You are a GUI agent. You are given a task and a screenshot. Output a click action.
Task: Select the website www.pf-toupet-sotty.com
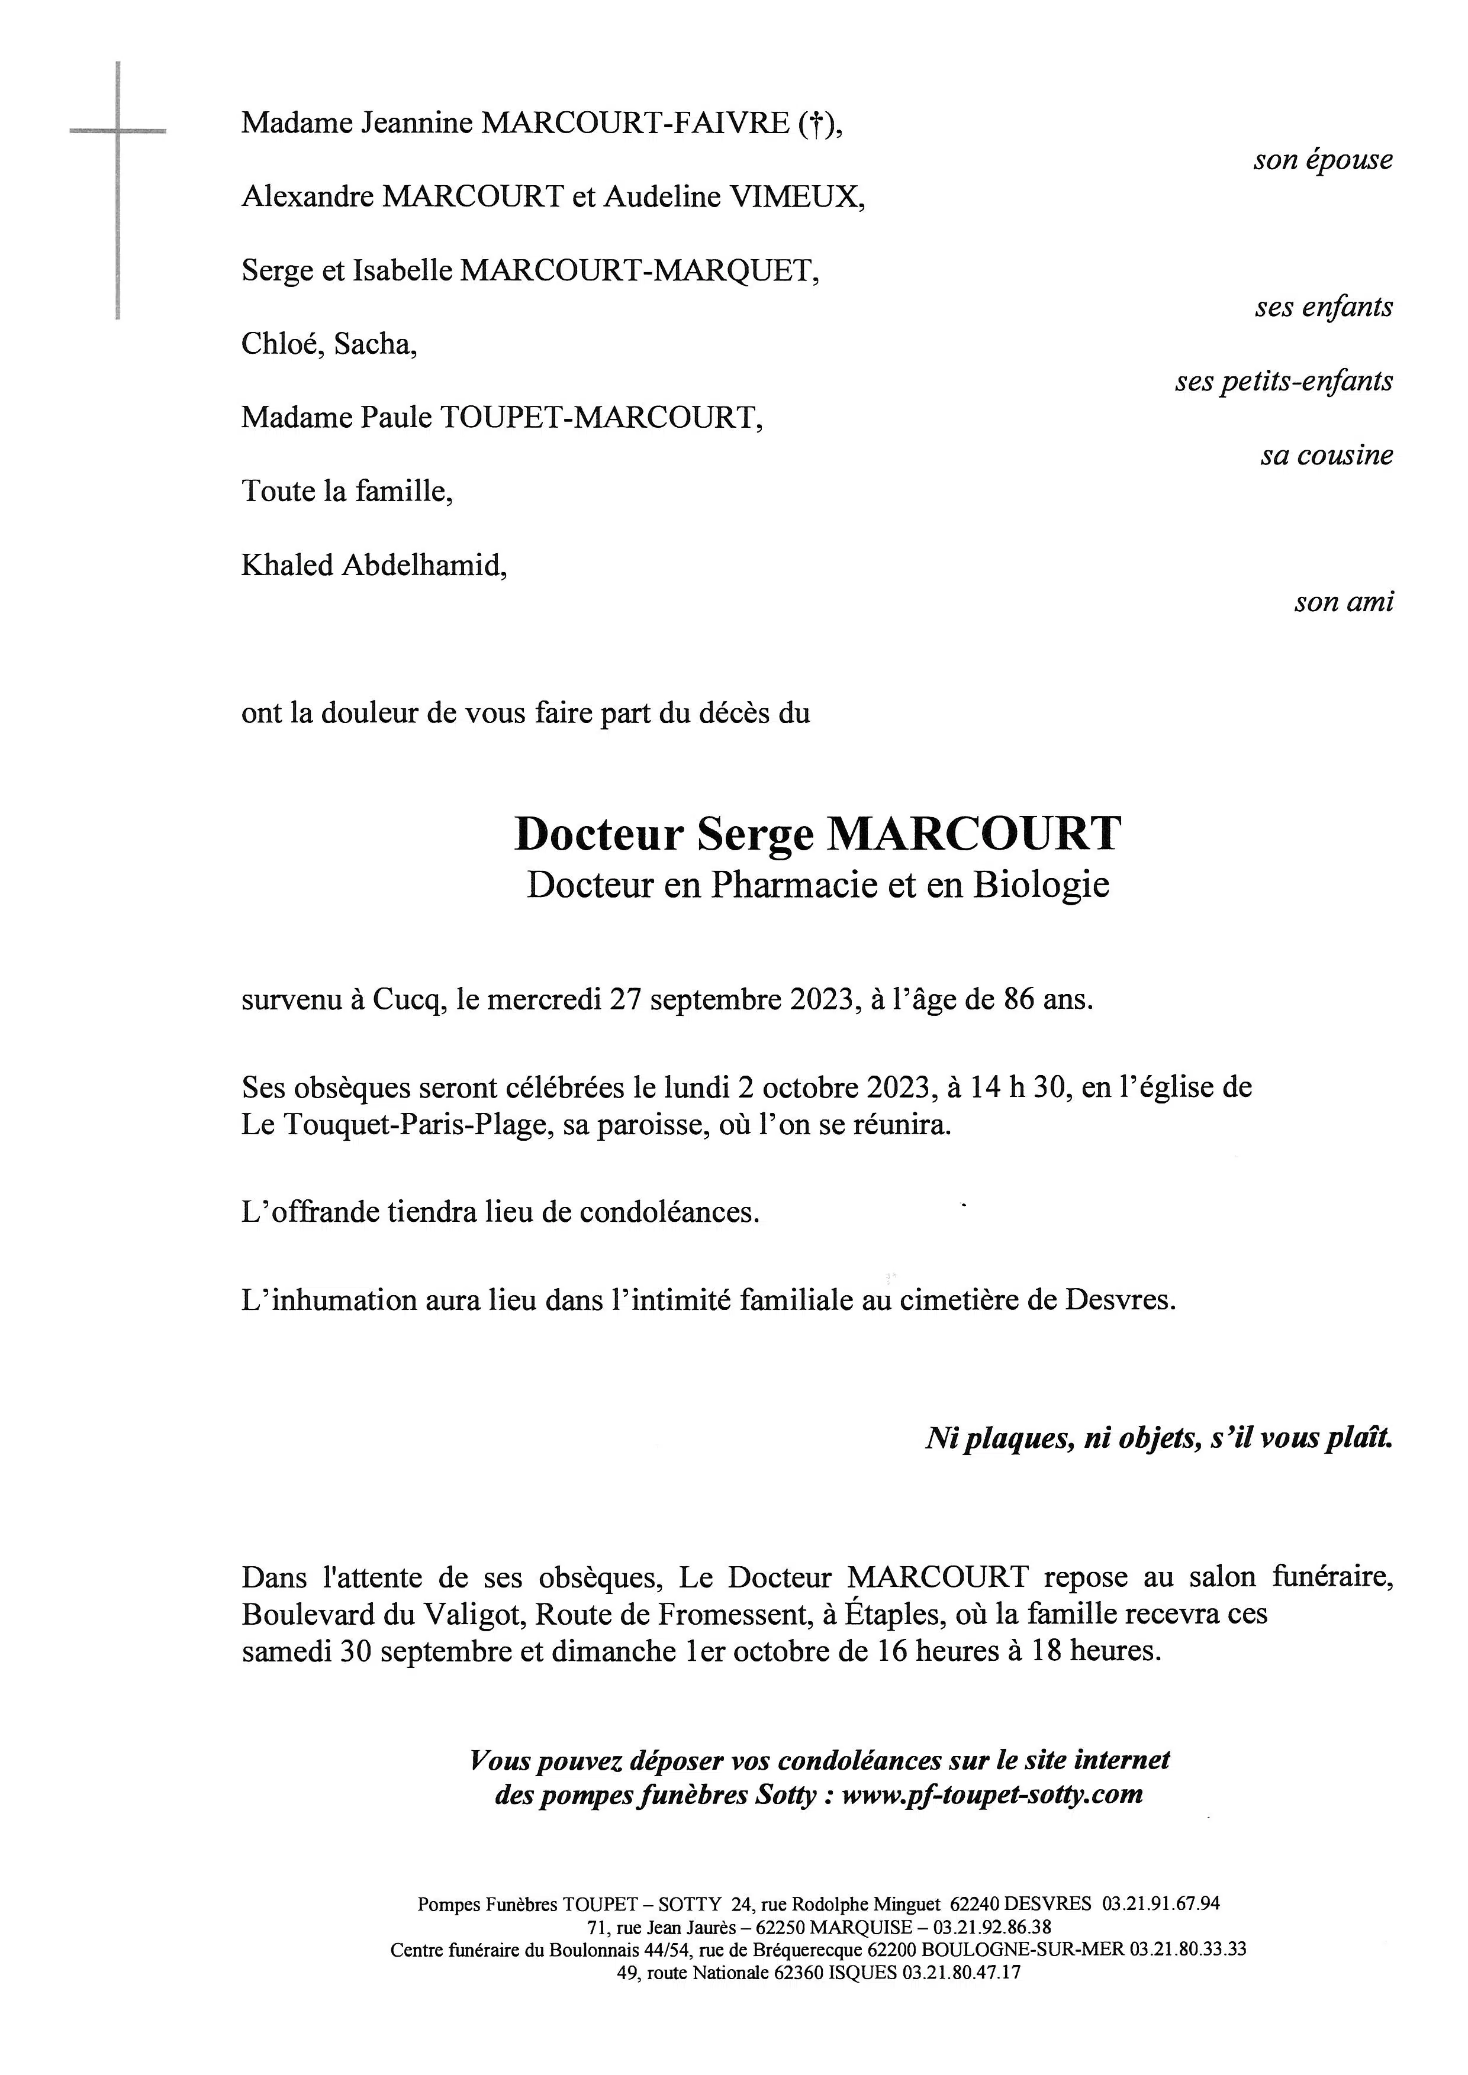(x=991, y=1794)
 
